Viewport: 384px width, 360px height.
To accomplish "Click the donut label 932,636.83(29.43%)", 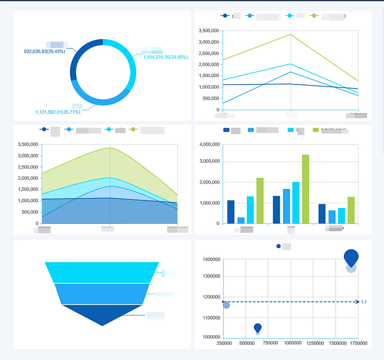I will [44, 52].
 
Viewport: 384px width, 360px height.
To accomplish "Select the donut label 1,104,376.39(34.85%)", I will [165, 57].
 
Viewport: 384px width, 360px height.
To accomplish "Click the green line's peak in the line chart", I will [291, 34].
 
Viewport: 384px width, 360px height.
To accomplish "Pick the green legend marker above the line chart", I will [315, 16].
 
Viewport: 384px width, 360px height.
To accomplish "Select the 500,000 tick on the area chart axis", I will [27, 212].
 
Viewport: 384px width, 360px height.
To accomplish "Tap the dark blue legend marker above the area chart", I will [44, 129].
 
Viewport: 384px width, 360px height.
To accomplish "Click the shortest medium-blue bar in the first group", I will [241, 220].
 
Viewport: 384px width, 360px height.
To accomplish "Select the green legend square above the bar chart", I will [316, 130].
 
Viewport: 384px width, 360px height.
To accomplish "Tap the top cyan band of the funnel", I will [102, 272].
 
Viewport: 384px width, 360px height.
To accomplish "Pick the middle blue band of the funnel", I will [102, 293].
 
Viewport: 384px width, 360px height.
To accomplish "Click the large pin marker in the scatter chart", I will [351, 257].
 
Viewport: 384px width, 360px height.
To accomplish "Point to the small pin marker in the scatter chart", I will [257, 328].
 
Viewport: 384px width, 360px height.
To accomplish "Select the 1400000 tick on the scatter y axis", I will [211, 260].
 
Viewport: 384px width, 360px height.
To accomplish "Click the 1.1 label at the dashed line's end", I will [364, 302].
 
